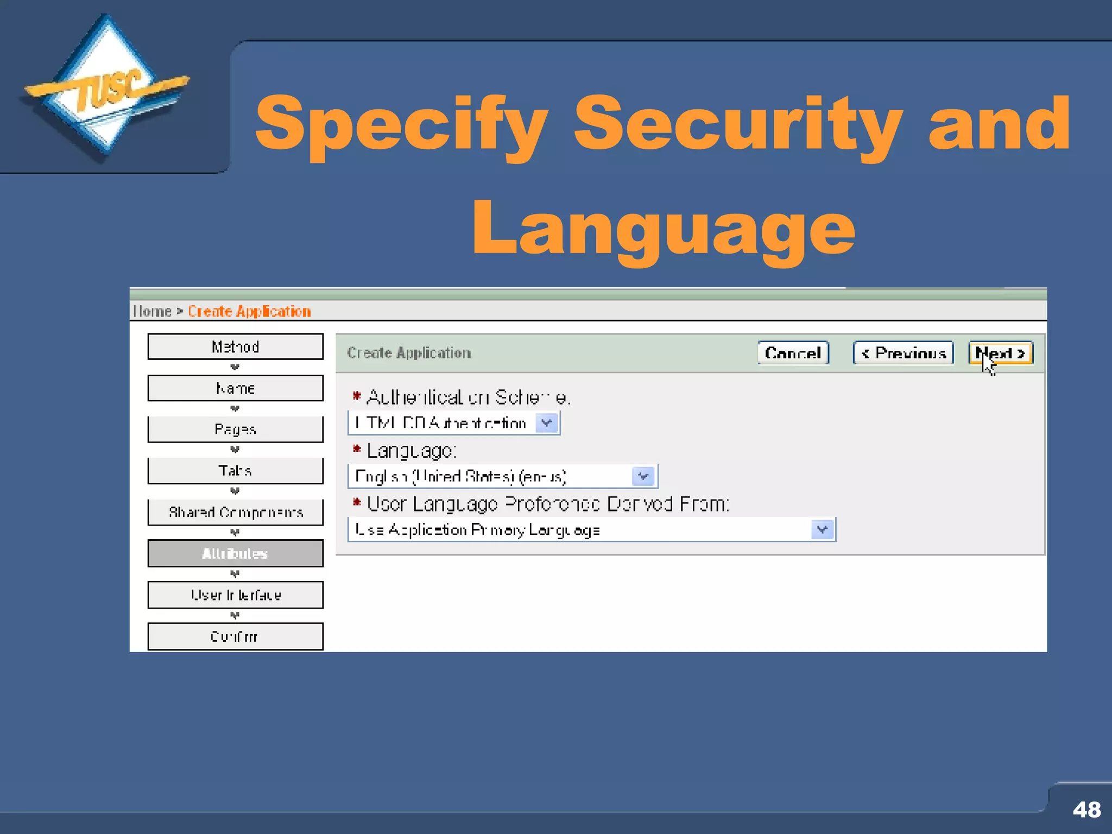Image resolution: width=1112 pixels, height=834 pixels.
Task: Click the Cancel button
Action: (793, 353)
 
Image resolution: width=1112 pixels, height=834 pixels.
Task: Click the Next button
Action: (1001, 353)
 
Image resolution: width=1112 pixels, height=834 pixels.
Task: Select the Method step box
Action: (235, 346)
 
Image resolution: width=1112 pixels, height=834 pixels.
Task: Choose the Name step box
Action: (235, 388)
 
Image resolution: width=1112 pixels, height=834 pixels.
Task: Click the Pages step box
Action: (235, 429)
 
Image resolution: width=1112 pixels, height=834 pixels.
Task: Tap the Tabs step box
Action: (235, 471)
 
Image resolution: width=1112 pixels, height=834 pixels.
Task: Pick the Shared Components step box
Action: (235, 512)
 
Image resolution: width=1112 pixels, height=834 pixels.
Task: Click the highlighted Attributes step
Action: (235, 553)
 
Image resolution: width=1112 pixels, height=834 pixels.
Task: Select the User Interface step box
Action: (235, 595)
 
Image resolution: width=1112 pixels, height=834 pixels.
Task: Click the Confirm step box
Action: (235, 636)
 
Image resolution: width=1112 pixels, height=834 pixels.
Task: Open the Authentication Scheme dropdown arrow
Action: (547, 423)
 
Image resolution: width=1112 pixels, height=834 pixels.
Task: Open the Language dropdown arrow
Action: (643, 476)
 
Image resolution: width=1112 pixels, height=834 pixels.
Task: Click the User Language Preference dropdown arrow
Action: (822, 529)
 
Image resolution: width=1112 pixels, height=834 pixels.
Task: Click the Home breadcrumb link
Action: (153, 311)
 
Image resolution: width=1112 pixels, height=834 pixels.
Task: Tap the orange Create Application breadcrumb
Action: (249, 311)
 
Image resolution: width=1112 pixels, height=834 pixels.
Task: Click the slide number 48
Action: (1086, 810)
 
